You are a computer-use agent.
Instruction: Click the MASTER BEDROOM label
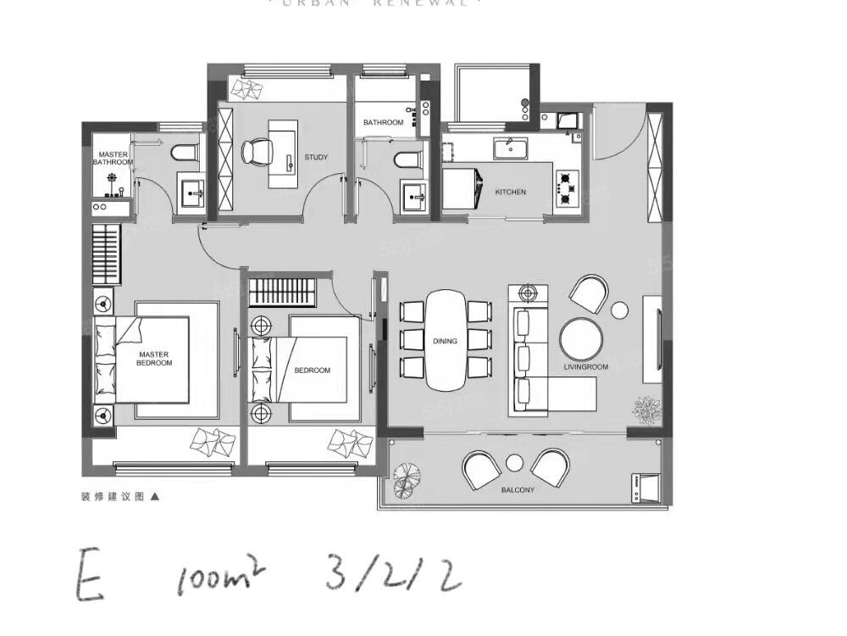coord(153,359)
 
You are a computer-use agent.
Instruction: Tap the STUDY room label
coord(316,158)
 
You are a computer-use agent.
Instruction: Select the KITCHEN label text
coord(510,192)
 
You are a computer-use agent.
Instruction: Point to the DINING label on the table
coord(445,341)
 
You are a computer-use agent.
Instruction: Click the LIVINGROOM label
coord(586,367)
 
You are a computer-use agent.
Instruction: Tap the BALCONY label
coord(517,489)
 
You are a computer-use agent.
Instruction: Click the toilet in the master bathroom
coord(184,153)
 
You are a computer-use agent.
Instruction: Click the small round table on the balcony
coord(515,462)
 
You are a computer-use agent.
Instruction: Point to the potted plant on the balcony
coord(407,479)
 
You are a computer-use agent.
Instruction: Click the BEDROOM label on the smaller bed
coord(313,371)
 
